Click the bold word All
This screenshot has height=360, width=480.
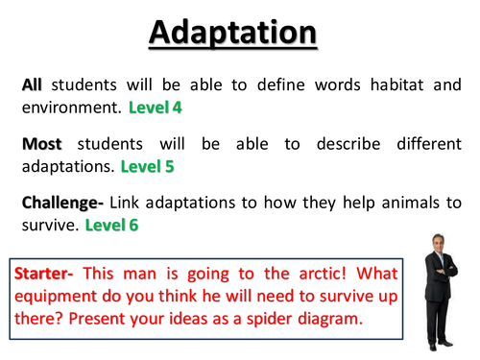click(32, 85)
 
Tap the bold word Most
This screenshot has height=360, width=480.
click(40, 145)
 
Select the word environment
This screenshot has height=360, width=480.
click(64, 106)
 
